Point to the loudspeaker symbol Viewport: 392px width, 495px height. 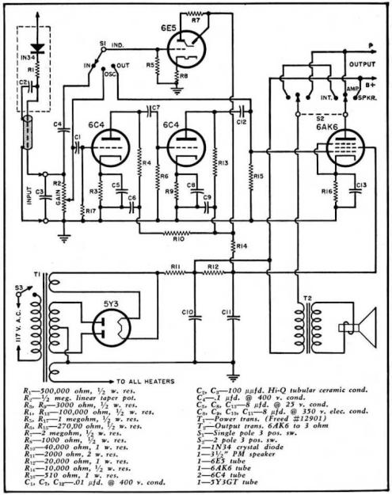click(x=353, y=326)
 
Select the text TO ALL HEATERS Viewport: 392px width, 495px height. click(x=150, y=377)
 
